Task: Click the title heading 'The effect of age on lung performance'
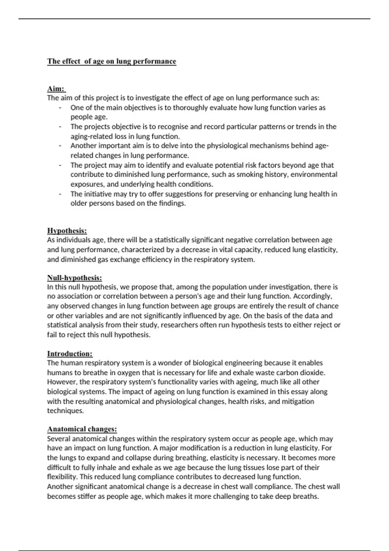(x=112, y=61)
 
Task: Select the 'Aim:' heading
(x=56, y=88)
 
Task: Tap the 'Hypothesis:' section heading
(x=67, y=230)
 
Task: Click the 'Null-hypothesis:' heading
(x=75, y=278)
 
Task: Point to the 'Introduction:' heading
(x=70, y=354)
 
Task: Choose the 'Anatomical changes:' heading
(x=82, y=429)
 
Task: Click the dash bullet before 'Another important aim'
(x=60, y=146)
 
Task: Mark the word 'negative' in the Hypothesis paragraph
(x=236, y=240)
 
